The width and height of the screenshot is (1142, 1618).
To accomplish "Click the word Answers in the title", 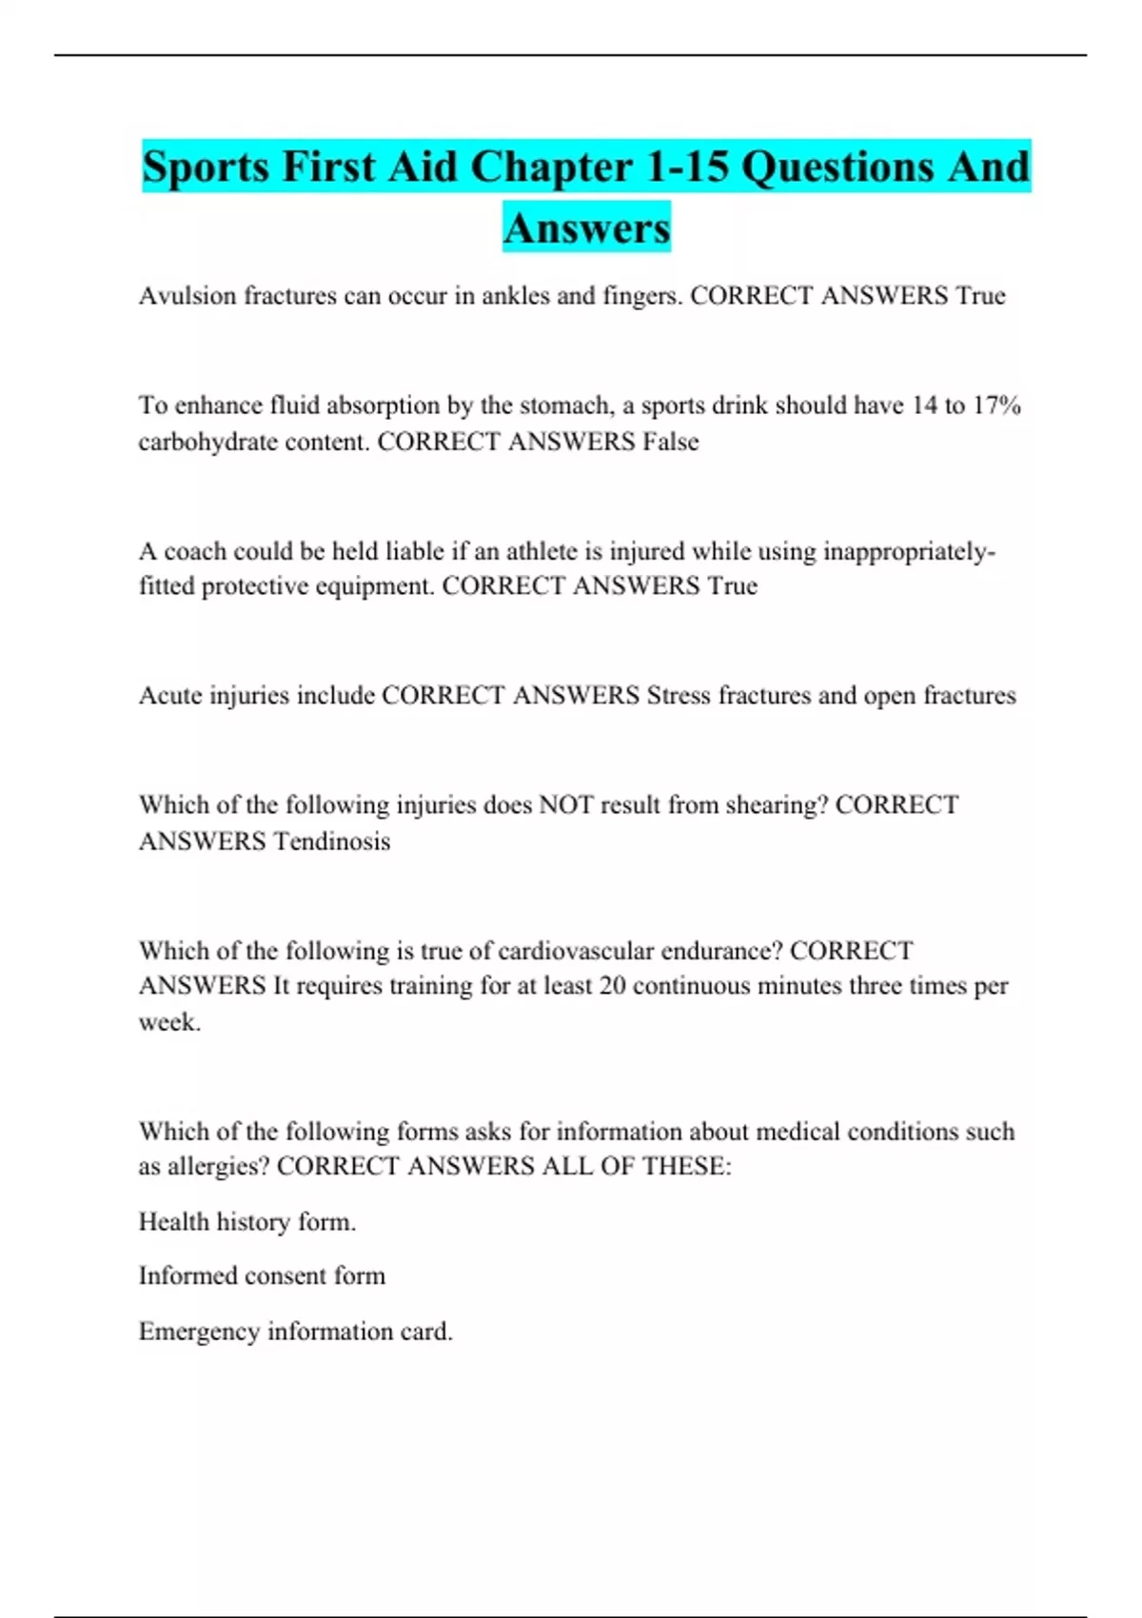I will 586,227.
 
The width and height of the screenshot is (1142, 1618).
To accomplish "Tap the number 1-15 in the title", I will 687,167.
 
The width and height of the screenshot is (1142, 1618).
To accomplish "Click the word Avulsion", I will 187,296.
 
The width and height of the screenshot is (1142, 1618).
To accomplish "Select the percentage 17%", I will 997,405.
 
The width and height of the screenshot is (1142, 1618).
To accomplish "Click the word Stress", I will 679,696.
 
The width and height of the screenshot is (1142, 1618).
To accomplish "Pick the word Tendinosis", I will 331,841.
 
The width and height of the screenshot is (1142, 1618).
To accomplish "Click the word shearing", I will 771,805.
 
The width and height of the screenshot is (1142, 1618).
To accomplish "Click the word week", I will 169,1022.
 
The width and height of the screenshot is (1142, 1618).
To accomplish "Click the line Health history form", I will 247,1222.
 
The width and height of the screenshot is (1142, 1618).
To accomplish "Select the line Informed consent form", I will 262,1276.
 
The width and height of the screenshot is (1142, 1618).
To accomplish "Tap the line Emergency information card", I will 295,1332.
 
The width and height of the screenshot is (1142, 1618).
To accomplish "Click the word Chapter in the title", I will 551,167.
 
